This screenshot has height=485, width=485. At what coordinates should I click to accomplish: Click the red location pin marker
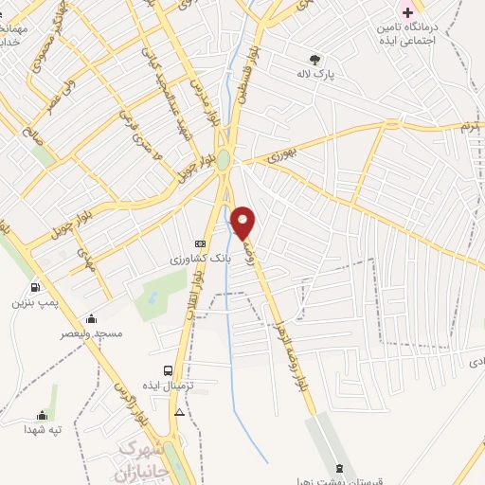click(244, 223)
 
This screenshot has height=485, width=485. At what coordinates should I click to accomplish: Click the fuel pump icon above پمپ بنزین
click(35, 288)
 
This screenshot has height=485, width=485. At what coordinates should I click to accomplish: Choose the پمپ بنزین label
click(35, 303)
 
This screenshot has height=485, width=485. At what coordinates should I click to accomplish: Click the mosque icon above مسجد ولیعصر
click(91, 318)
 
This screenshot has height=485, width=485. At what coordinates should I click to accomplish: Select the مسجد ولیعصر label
click(91, 333)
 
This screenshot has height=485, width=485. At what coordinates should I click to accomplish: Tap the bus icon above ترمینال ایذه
click(169, 370)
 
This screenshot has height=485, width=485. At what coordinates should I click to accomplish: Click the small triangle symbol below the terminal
click(180, 412)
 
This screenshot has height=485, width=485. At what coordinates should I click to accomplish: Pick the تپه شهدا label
click(43, 429)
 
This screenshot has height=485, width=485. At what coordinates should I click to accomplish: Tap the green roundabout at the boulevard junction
click(223, 161)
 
